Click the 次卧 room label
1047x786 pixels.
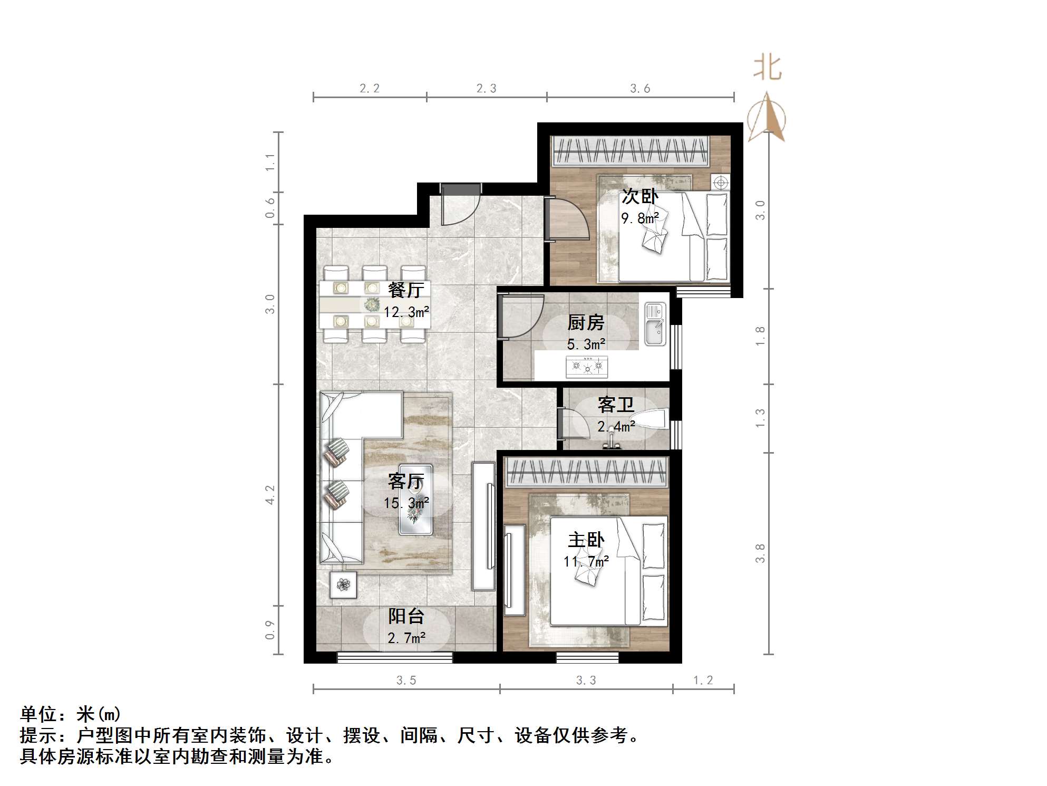pos(640,196)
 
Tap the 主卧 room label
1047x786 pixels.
pos(586,540)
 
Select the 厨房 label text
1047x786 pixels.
pos(586,322)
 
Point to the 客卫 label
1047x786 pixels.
pos(616,405)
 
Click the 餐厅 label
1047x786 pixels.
pos(405,290)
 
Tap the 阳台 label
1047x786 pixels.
pos(406,616)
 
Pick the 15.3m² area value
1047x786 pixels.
pos(406,503)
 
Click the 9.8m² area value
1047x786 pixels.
pos(640,218)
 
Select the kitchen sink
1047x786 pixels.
pos(655,324)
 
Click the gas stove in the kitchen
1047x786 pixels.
pos(586,366)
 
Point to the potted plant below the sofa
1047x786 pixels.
pos(343,584)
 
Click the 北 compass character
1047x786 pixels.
pos(767,69)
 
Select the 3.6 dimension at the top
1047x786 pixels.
pos(640,89)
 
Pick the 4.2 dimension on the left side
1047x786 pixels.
pos(270,495)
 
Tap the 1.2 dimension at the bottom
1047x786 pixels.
pos(703,680)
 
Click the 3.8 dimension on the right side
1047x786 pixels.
pos(760,553)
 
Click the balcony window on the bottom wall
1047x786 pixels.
pos(394,657)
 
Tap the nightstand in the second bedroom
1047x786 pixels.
pos(720,183)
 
